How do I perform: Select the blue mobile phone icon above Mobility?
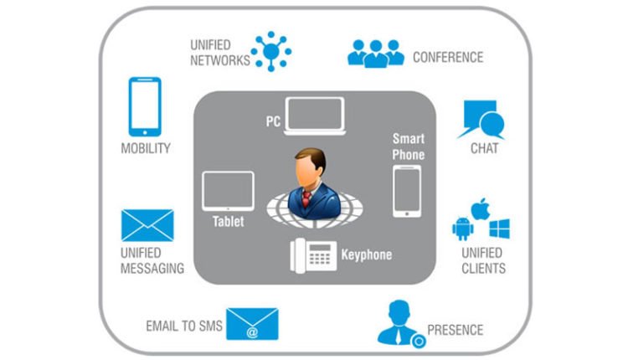click(x=145, y=106)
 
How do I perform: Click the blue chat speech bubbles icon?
click(x=483, y=119)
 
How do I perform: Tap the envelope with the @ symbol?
click(x=252, y=325)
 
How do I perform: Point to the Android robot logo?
click(x=462, y=228)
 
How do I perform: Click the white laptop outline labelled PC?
click(x=314, y=116)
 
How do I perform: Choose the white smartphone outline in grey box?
click(x=407, y=191)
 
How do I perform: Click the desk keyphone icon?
click(x=313, y=255)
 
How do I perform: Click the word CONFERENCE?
click(x=448, y=58)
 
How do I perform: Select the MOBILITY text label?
click(x=146, y=148)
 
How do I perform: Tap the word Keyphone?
click(x=367, y=254)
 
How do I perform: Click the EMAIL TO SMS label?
click(x=184, y=326)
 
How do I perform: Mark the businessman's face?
click(x=306, y=171)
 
